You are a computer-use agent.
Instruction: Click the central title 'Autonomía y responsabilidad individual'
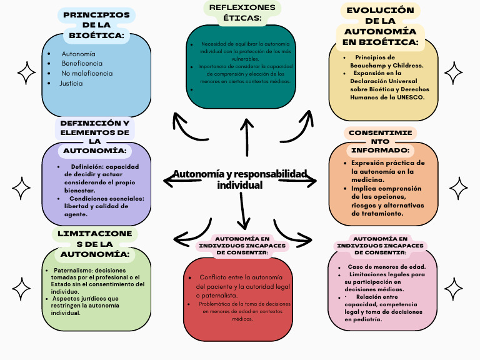[x=240, y=179]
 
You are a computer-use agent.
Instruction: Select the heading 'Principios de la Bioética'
[x=97, y=25]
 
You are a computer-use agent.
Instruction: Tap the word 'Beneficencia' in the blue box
[x=82, y=64]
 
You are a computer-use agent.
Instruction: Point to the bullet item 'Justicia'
[x=71, y=83]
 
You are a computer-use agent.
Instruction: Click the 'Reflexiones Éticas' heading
[x=242, y=12]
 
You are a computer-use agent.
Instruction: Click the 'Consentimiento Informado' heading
[x=380, y=142]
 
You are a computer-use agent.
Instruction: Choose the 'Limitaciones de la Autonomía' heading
[x=95, y=244]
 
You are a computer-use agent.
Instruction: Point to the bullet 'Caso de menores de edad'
[x=386, y=267]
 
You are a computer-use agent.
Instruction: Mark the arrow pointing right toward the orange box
[x=301, y=181]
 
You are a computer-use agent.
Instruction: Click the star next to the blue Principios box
[x=26, y=73]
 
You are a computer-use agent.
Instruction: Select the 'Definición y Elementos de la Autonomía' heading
[x=95, y=137]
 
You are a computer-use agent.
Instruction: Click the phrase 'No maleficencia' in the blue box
[x=87, y=73]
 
